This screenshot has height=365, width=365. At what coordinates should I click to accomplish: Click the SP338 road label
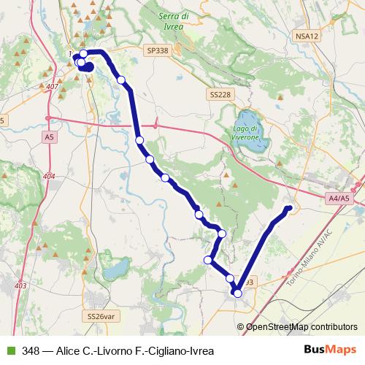[156, 51]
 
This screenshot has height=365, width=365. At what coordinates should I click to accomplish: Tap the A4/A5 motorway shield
[339, 198]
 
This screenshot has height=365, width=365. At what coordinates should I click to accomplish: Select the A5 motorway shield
[49, 137]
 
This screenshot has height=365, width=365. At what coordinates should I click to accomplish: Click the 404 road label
[49, 176]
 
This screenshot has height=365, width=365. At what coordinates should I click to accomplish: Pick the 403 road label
[20, 285]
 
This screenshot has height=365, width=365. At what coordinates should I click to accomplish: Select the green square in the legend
[9, 350]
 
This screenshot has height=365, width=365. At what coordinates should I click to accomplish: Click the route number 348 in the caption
[31, 350]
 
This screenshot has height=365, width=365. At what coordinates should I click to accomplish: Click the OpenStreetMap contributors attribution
[300, 327]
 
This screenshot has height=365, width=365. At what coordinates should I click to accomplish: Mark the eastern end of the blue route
[289, 210]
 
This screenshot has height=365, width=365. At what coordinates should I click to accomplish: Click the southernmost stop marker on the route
[237, 293]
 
